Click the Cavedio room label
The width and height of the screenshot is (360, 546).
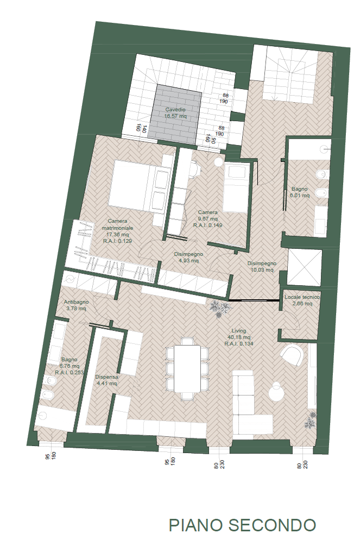pos(175,110)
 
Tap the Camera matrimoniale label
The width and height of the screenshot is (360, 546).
pos(117,224)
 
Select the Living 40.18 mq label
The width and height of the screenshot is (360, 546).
pos(239,334)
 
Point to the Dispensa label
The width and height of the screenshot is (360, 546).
pos(106,377)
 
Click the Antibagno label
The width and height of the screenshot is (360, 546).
pos(76,302)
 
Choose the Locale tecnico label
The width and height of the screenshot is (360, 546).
pos(302,297)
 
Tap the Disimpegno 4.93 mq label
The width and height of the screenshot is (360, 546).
pos(188,258)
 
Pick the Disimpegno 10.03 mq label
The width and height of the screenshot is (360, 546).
pos(262,267)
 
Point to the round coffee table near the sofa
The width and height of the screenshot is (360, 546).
pos(277,392)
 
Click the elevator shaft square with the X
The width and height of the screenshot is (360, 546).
pos(304,267)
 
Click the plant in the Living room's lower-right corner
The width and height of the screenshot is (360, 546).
pos(311,421)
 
